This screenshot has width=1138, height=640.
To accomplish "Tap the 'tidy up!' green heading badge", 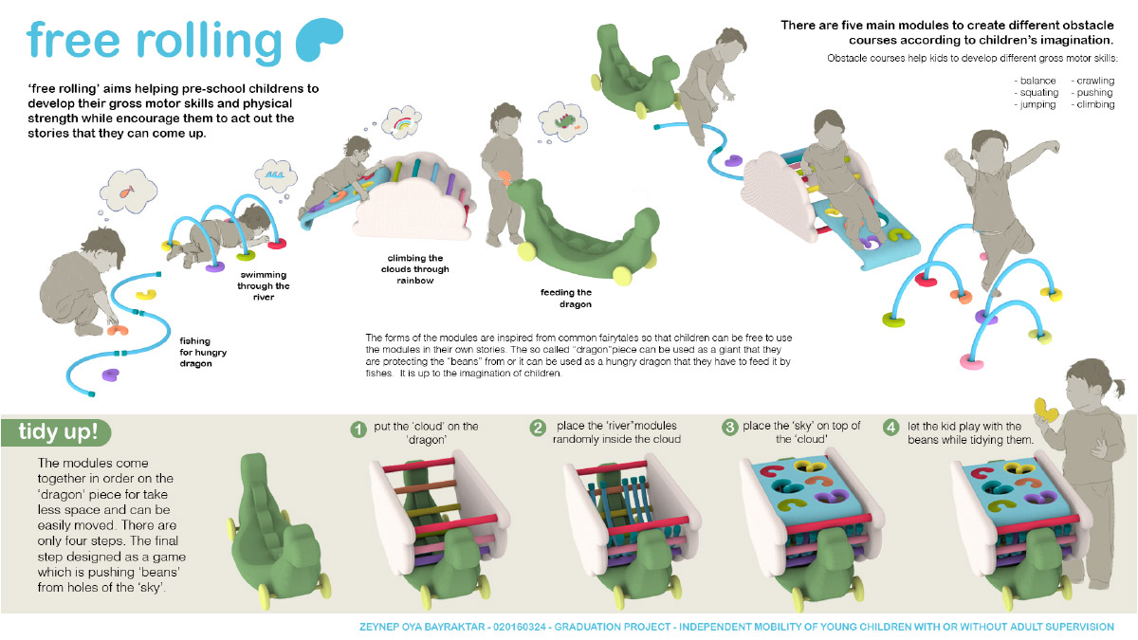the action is click(56, 432).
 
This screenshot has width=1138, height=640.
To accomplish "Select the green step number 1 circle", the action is click(358, 430).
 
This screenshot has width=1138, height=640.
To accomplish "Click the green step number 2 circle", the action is click(537, 428).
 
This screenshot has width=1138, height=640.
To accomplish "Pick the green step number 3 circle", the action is click(729, 428).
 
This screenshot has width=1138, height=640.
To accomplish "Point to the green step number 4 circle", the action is click(890, 428).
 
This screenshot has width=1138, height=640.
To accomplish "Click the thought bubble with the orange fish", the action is click(128, 191).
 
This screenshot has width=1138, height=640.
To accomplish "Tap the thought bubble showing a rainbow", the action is click(402, 123).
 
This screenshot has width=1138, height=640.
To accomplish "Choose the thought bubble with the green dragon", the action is click(563, 122).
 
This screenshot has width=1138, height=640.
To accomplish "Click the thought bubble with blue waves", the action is click(276, 175).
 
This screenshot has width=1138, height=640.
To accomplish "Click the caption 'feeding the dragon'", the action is click(566, 298).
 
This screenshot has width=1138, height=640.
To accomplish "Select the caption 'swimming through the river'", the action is click(264, 286).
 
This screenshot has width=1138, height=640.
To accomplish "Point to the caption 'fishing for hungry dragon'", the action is click(203, 352).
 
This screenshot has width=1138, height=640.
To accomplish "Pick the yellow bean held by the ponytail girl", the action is click(1045, 411).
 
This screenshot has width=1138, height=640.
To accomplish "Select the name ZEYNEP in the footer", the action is click(379, 628).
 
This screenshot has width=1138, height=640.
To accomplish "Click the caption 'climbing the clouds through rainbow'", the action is click(415, 269).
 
